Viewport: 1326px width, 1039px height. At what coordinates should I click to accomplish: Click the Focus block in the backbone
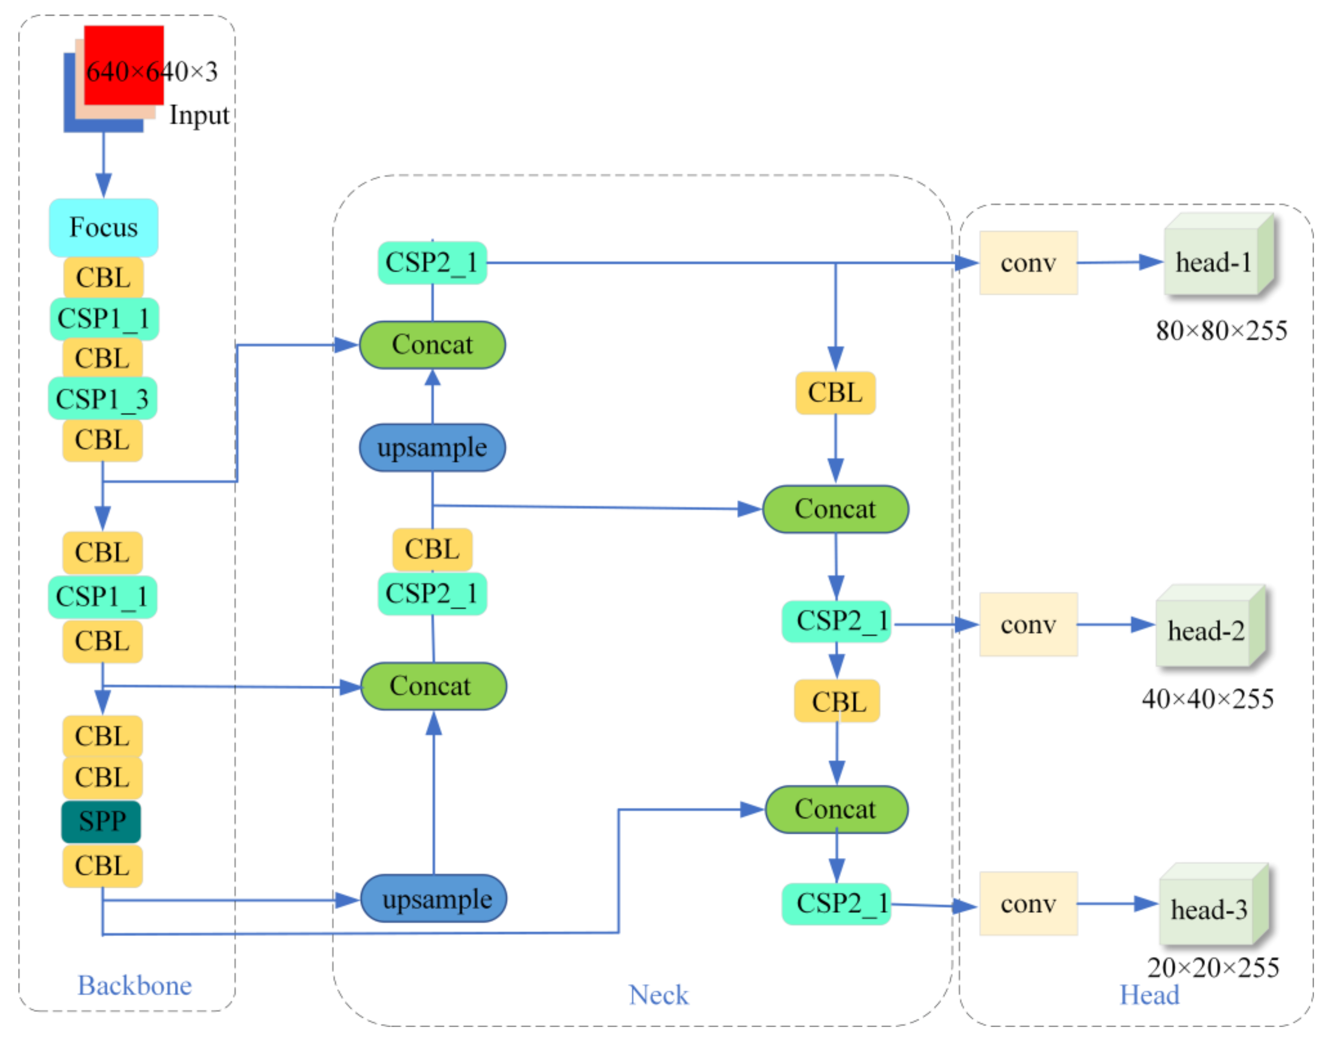tap(103, 228)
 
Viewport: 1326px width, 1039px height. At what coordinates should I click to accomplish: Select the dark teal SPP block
tap(101, 821)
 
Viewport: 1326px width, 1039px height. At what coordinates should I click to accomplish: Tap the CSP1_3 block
tap(102, 399)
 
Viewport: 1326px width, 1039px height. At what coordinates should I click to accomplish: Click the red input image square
tap(124, 64)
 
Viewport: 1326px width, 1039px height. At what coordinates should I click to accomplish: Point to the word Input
tap(199, 115)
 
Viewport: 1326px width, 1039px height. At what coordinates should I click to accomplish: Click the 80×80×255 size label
tap(1221, 331)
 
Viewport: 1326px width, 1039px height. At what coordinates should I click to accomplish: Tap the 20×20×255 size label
tap(1212, 968)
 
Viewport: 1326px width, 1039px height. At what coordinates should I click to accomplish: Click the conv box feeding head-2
tap(1028, 624)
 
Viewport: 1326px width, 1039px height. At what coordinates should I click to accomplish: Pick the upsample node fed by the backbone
tap(433, 898)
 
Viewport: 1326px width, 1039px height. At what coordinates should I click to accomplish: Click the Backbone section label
tap(135, 985)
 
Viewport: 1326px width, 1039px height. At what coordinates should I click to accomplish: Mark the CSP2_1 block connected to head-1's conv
tap(432, 263)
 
